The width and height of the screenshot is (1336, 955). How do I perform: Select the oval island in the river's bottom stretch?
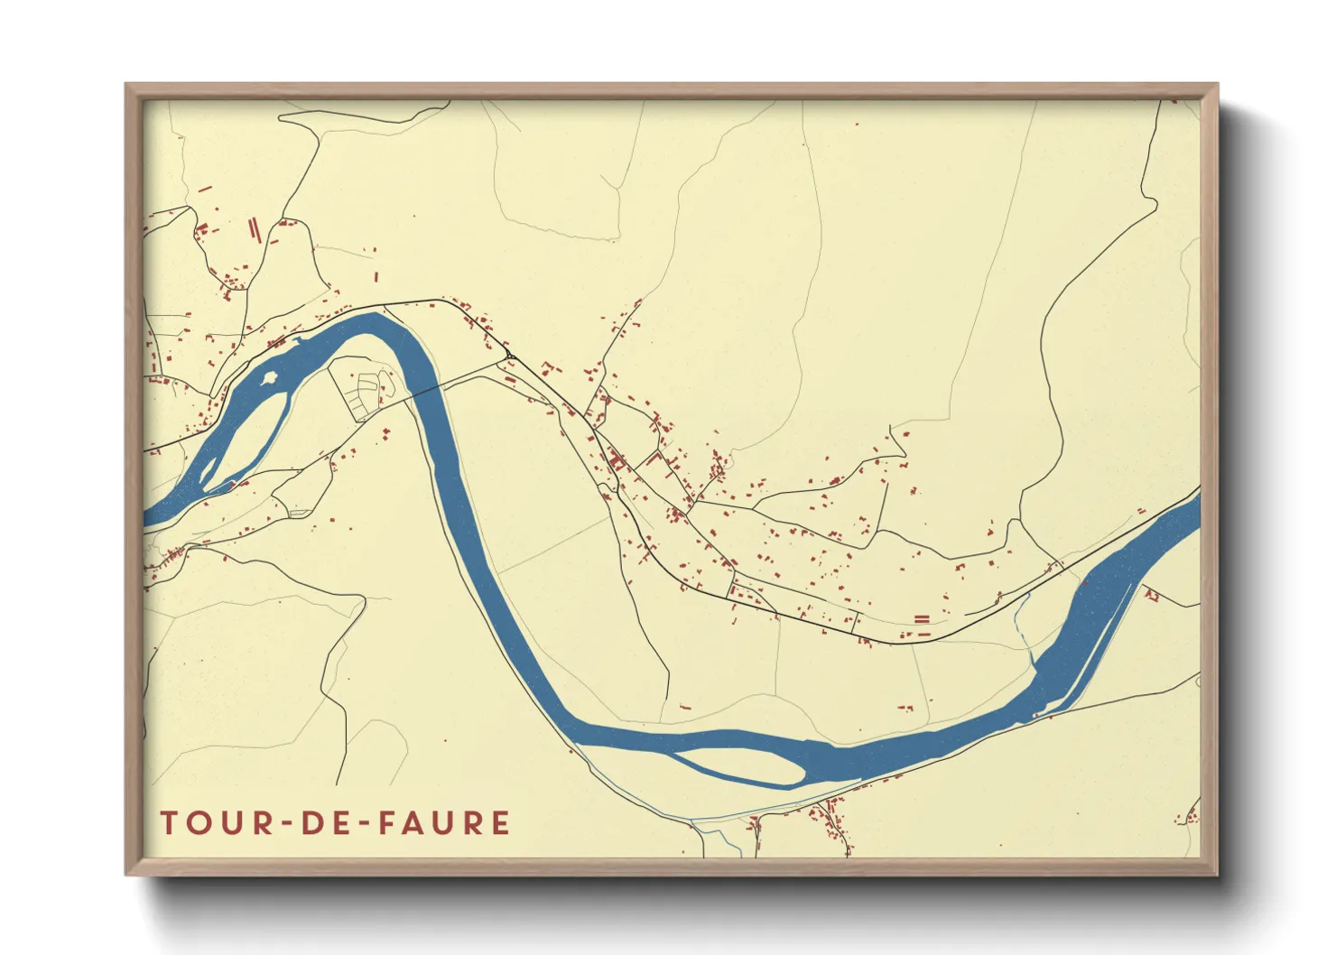point(740,764)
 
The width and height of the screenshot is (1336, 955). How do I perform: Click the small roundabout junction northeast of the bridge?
point(510,357)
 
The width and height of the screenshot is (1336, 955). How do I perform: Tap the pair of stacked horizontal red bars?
point(921,619)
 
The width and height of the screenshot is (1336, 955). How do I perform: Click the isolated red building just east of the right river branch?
point(1151,595)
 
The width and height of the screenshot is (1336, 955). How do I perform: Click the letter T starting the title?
point(169,823)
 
